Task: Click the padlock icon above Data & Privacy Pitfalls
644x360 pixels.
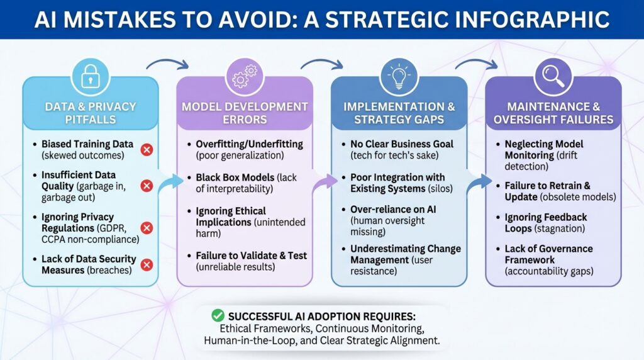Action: (x=91, y=76)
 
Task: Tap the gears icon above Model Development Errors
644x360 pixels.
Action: (x=245, y=76)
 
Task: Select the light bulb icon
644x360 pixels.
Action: (x=399, y=76)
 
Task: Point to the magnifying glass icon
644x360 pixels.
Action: (x=553, y=76)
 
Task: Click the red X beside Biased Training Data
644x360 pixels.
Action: (x=147, y=150)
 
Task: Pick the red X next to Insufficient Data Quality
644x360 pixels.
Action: (x=147, y=186)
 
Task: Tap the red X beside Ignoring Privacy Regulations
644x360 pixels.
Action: (x=147, y=228)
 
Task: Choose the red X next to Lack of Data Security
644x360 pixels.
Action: (x=147, y=265)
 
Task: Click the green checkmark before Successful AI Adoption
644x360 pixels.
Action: (x=218, y=315)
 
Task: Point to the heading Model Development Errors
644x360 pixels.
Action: (x=245, y=113)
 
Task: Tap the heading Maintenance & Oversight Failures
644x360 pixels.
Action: (x=553, y=113)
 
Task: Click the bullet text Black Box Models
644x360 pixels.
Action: (x=235, y=177)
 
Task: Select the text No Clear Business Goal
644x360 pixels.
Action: (x=402, y=144)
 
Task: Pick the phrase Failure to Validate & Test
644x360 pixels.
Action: (x=252, y=256)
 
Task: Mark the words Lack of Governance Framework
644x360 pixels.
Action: (x=548, y=254)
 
